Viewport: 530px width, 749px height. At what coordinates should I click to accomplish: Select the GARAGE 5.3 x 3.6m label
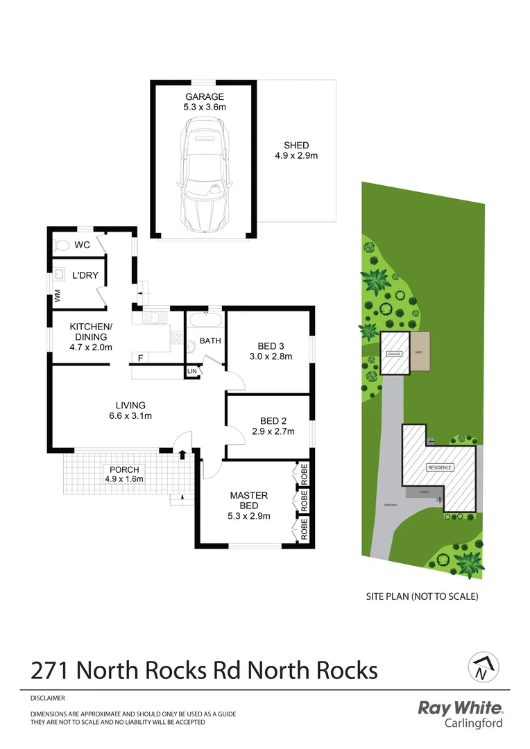204,102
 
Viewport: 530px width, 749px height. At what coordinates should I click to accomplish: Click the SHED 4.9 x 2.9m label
296,150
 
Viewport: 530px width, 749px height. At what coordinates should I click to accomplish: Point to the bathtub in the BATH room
205,321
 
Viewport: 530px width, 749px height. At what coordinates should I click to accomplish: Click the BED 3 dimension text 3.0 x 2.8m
270,357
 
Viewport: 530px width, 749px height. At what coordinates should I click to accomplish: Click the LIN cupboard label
191,372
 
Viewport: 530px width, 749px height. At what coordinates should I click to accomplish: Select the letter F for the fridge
140,359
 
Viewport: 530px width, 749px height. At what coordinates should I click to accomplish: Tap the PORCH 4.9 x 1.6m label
122,474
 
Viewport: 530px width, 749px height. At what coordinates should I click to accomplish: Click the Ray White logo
460,708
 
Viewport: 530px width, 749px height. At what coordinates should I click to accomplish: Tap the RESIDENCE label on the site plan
439,467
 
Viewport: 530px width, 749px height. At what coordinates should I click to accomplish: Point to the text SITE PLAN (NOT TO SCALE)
422,596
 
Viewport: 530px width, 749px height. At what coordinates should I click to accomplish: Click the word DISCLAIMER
48,698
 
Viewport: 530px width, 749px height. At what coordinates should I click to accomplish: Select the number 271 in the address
51,671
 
